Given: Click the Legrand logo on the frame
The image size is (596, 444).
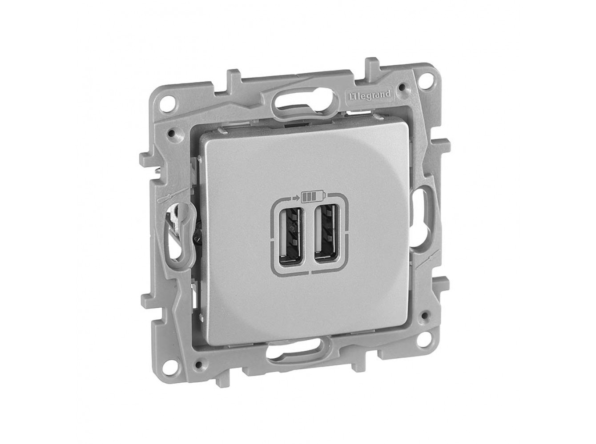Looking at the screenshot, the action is pos(369,94).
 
